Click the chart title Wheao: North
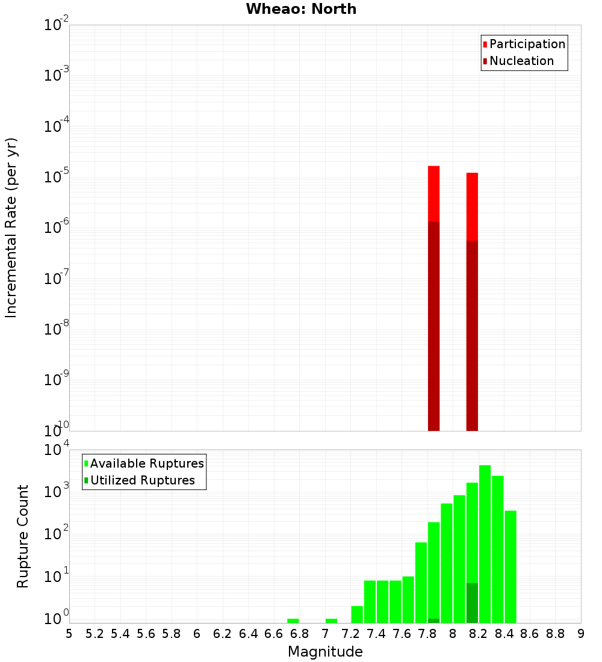pyautogui.click(x=301, y=9)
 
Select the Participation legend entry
pyautogui.click(x=524, y=44)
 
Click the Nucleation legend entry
pyautogui.click(x=518, y=61)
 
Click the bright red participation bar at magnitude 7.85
pyautogui.click(x=433, y=193)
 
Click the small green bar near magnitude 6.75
pyautogui.click(x=293, y=620)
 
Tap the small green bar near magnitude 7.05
pyautogui.click(x=331, y=620)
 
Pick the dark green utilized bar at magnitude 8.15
pyautogui.click(x=472, y=602)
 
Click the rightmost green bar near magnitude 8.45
pyautogui.click(x=510, y=566)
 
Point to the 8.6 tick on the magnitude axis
pyautogui.click(x=530, y=633)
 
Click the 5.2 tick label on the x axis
pyautogui.click(x=95, y=633)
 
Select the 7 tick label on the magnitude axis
pyautogui.click(x=325, y=633)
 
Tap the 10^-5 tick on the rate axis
pyautogui.click(x=55, y=178)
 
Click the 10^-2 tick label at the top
pyautogui.click(x=55, y=25)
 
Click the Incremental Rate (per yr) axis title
pyautogui.click(x=11, y=227)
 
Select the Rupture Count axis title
pyautogui.click(x=23, y=536)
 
